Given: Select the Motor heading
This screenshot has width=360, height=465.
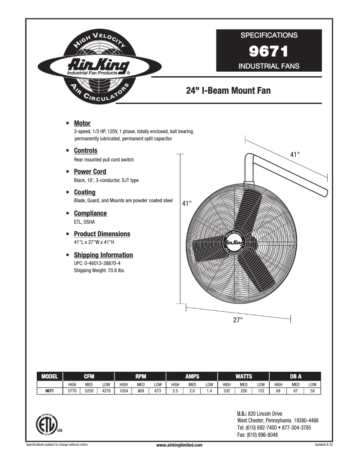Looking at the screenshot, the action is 82,123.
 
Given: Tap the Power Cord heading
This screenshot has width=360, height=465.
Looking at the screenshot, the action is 90,172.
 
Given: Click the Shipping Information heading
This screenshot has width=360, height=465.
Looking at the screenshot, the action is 103,255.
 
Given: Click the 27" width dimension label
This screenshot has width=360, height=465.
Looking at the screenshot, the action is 237,320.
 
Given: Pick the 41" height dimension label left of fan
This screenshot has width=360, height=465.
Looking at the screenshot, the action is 187,203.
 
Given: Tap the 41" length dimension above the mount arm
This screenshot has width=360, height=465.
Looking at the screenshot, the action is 294,154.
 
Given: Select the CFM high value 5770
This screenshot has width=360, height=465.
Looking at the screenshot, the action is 72,391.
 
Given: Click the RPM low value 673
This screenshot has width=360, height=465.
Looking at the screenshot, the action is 158,391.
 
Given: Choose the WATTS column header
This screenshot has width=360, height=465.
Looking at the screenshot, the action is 244,376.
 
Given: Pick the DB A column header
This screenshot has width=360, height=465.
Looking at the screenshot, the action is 296,376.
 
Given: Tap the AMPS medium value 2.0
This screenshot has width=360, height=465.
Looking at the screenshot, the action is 192,391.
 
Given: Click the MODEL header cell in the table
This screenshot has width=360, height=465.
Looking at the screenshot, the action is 49,376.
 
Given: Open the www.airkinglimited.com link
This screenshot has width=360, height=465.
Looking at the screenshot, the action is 179,445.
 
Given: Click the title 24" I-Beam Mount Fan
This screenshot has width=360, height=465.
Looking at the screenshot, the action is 228,91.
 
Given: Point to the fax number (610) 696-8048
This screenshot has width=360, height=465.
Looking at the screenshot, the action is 257,435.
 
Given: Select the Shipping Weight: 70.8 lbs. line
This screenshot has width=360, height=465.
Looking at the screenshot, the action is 99,271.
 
